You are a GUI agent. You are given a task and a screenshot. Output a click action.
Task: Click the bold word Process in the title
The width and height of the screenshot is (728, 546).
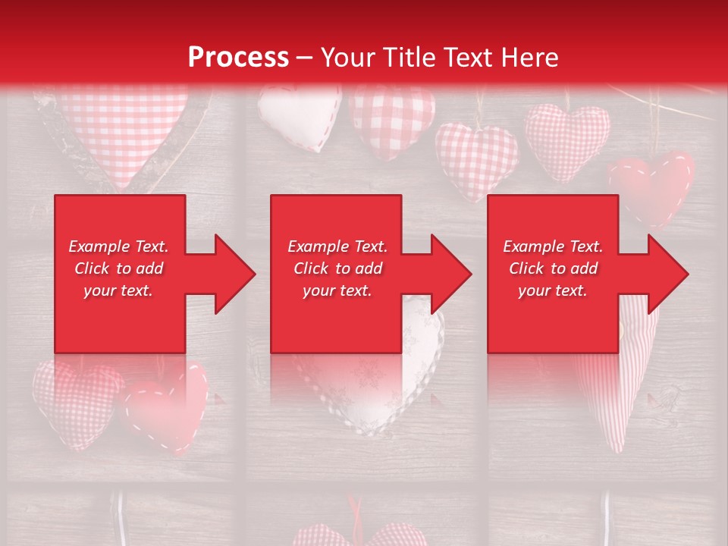(x=238, y=58)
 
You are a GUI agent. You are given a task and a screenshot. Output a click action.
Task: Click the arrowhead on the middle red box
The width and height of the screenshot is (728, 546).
(x=450, y=274)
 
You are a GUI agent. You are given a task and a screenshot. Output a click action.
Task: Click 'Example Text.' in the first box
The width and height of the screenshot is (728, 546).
(x=118, y=246)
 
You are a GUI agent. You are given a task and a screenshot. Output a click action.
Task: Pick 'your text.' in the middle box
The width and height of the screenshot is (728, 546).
(x=337, y=290)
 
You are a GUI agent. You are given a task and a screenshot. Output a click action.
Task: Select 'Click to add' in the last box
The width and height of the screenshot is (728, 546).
(x=553, y=268)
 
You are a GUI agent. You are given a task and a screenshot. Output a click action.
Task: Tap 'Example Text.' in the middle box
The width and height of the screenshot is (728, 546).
(x=337, y=246)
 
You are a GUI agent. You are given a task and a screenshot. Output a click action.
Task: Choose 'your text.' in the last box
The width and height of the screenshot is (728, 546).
(x=553, y=290)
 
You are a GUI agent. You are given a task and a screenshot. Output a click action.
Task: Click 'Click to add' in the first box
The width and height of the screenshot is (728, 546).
(x=118, y=268)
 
